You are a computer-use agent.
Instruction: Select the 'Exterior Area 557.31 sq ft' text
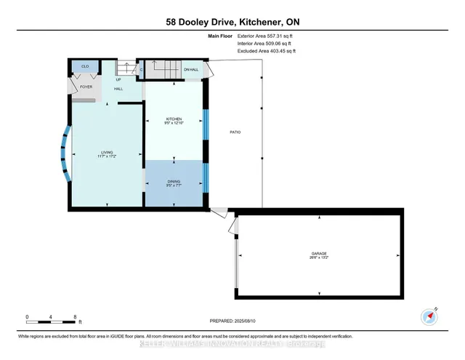266,36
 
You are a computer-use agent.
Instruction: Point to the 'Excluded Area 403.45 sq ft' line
267,51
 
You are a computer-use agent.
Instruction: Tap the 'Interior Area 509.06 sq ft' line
266,44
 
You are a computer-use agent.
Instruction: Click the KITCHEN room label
173,119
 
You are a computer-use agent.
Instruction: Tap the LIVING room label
108,153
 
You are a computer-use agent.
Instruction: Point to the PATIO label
235,132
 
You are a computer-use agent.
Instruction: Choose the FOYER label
86,87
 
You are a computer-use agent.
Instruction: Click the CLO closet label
85,67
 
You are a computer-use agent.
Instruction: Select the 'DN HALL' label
191,70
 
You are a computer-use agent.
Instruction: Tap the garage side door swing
232,228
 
